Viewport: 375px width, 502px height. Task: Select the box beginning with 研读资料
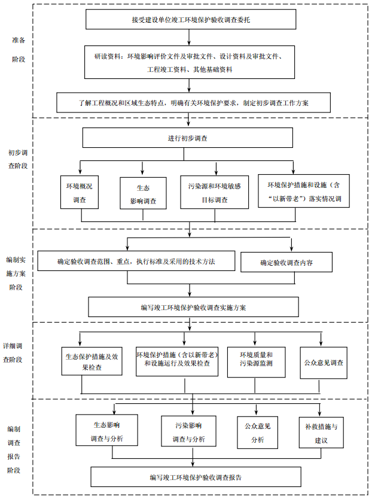point(191,63)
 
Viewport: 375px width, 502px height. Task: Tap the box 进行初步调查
point(187,138)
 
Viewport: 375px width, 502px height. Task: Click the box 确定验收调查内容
point(286,262)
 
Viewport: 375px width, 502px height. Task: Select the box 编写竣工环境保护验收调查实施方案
point(193,307)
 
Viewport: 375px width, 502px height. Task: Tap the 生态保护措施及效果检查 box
point(91,361)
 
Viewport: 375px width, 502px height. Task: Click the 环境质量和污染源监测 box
point(256,360)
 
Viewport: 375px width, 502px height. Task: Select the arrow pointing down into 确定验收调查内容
point(291,245)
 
